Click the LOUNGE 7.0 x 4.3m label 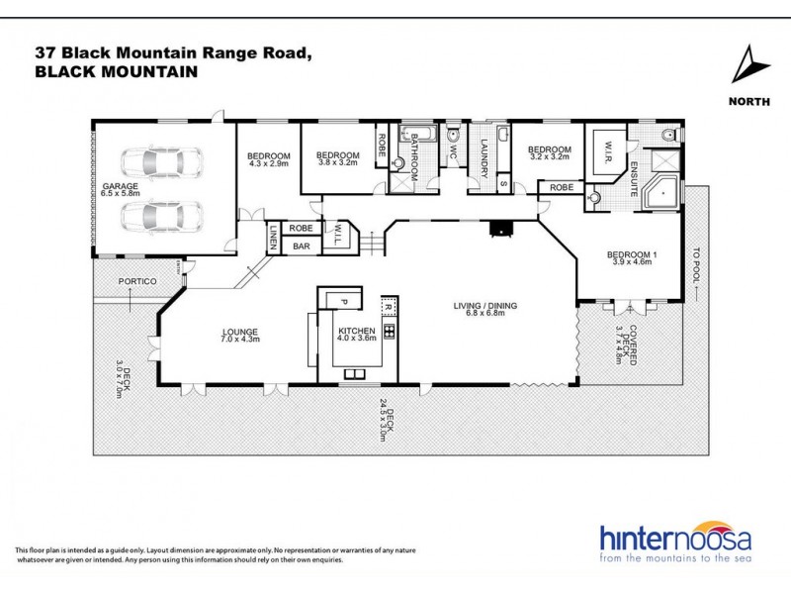click(240, 336)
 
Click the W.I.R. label click(602, 154)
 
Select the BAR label click(301, 245)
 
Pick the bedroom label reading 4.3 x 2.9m click(268, 161)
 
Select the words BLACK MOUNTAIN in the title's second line click(116, 72)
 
